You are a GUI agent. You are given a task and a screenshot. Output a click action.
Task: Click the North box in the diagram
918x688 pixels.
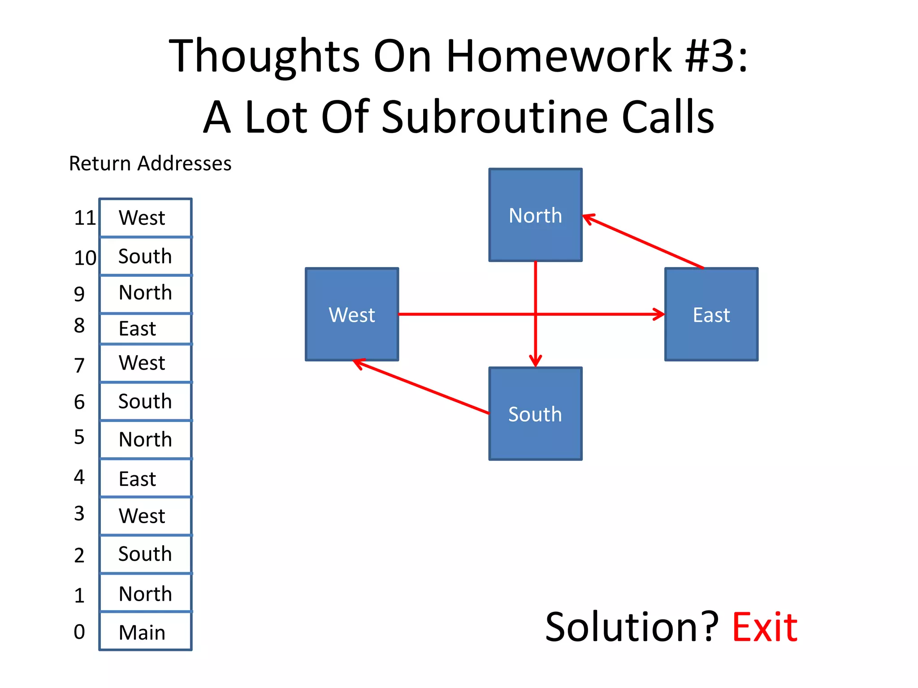click(535, 215)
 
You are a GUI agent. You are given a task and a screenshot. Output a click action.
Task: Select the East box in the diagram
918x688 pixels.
click(711, 314)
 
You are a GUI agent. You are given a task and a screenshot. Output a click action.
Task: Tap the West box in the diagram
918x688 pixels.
click(352, 314)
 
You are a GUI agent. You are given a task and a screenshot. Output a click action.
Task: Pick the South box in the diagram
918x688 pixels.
click(535, 414)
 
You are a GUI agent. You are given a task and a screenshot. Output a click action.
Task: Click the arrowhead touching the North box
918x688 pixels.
click(588, 218)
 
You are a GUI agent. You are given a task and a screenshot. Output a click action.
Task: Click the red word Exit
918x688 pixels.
click(764, 628)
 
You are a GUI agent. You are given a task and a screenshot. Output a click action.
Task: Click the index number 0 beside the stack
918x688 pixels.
click(79, 632)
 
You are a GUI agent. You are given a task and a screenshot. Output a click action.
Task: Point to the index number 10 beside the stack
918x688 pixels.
click(85, 258)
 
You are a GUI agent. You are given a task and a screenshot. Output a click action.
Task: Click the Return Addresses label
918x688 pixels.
click(150, 163)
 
